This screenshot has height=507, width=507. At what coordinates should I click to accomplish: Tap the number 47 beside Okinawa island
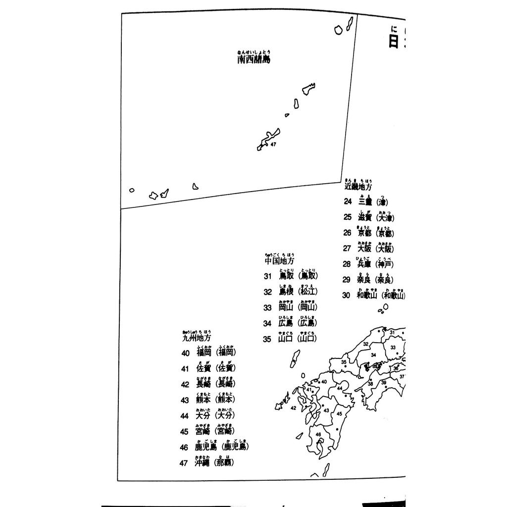click(x=272, y=144)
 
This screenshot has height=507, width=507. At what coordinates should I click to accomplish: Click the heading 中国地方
click(x=279, y=260)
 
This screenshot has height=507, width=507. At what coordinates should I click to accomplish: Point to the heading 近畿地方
click(x=358, y=187)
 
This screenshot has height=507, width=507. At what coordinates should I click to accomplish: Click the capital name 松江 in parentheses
click(x=307, y=292)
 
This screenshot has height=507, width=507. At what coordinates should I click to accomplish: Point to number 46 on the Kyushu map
click(x=318, y=434)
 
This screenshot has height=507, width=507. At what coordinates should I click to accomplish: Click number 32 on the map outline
click(x=365, y=344)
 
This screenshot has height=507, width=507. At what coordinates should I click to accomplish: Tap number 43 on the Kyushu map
click(x=326, y=410)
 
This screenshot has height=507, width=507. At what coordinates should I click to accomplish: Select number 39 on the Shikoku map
click(x=383, y=382)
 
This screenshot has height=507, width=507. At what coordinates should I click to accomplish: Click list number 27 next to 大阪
click(x=347, y=249)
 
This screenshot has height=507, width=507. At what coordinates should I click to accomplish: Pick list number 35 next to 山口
click(x=268, y=339)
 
